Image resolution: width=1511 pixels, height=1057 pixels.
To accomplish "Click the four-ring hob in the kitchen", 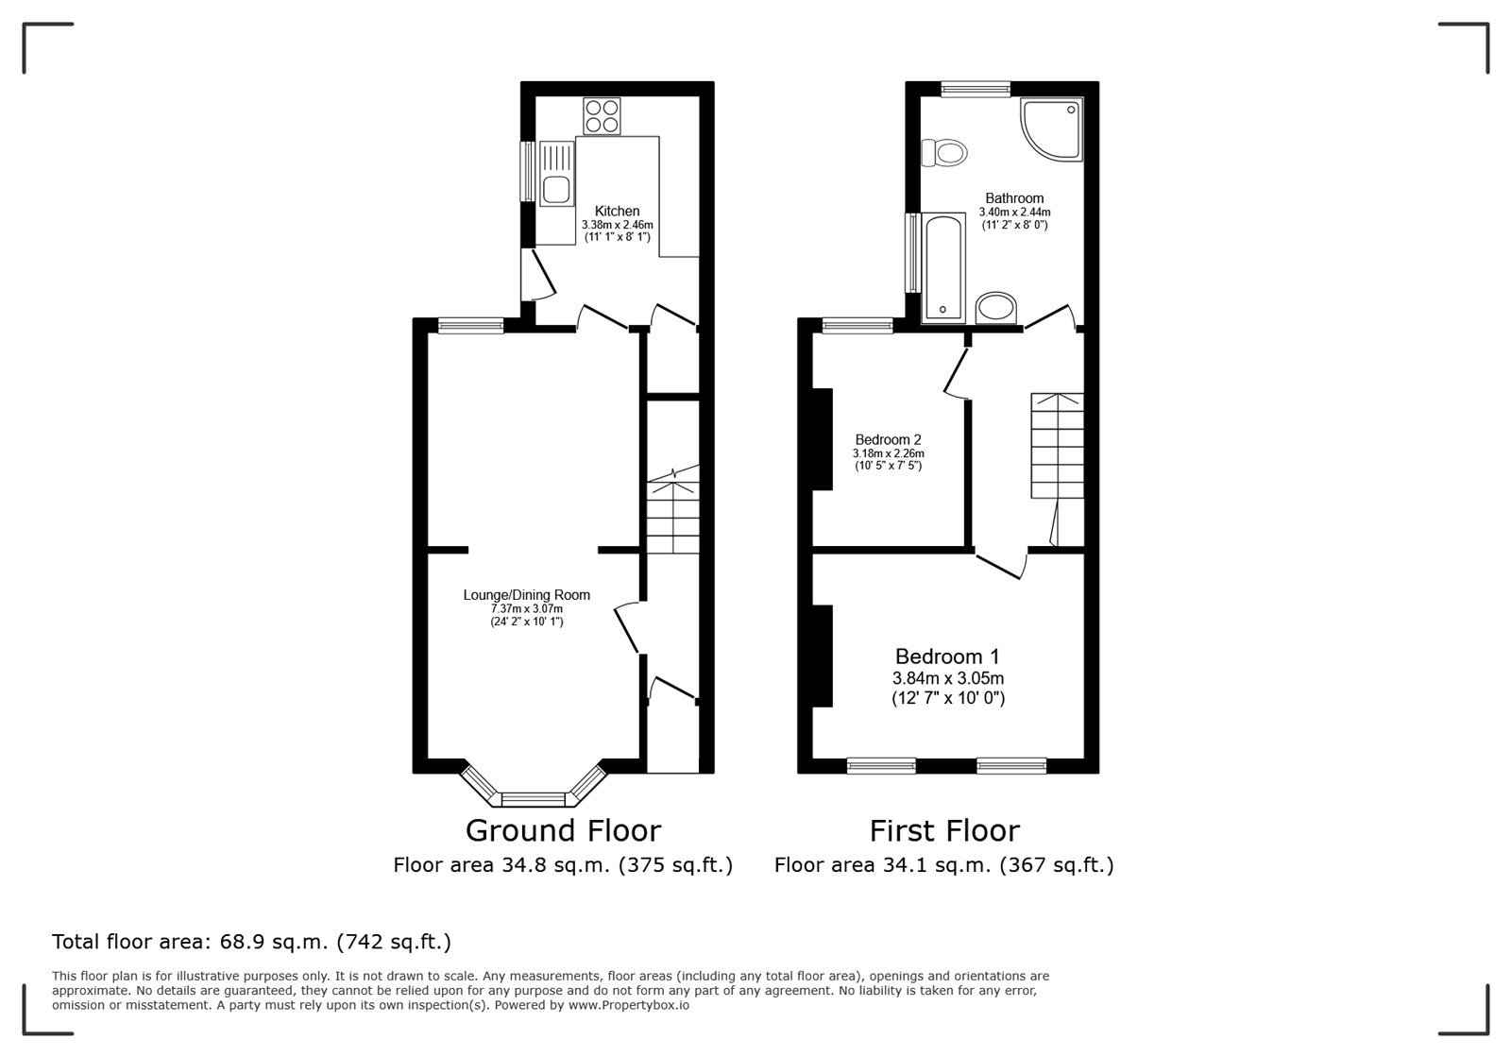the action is click(x=602, y=116).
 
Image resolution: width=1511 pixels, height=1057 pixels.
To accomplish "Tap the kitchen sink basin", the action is click(x=556, y=189).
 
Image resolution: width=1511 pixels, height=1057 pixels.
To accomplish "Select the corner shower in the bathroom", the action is click(x=1052, y=129).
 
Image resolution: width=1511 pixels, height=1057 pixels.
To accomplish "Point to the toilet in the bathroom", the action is click(x=944, y=153).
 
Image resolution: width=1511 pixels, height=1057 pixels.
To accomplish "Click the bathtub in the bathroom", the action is click(x=943, y=268).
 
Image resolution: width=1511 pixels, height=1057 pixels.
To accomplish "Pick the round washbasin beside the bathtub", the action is click(x=995, y=308).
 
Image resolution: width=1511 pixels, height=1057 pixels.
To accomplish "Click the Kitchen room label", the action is click(x=618, y=212).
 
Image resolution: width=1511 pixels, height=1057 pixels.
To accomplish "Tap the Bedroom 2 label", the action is click(x=888, y=440).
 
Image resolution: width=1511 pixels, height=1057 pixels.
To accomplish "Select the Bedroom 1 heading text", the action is click(x=947, y=656).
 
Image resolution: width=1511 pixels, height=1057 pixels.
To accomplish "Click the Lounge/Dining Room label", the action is click(x=526, y=595).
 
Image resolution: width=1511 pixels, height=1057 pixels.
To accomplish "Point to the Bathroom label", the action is click(x=1014, y=198).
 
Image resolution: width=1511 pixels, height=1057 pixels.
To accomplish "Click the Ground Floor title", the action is click(x=563, y=830).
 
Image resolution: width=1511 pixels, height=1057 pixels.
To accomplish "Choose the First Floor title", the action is click(x=944, y=830).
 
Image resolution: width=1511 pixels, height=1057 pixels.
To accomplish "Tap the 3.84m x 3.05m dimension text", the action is click(x=948, y=678).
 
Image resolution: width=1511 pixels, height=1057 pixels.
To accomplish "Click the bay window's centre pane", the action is click(x=534, y=799).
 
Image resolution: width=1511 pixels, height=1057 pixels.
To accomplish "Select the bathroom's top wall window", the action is click(x=976, y=89).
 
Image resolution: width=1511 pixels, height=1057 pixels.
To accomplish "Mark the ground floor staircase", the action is click(x=673, y=509).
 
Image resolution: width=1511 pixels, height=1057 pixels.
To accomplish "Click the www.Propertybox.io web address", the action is click(x=629, y=1005).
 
